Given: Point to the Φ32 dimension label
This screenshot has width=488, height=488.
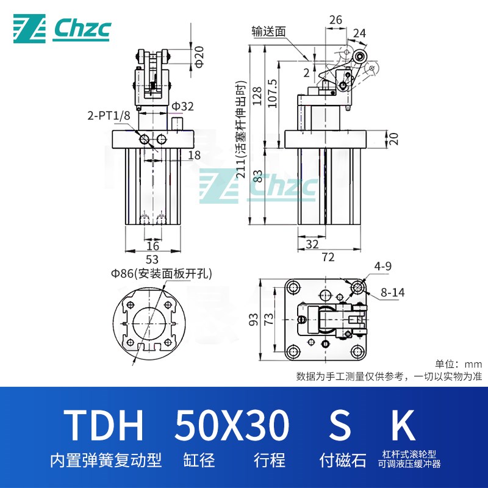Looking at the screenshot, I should (x=182, y=107).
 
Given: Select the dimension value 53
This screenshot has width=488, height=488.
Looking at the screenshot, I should (x=152, y=258).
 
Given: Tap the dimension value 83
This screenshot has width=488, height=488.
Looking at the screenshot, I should (x=258, y=178).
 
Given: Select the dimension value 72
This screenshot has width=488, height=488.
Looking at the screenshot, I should (x=328, y=258).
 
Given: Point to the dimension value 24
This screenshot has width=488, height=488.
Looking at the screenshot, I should (x=359, y=34).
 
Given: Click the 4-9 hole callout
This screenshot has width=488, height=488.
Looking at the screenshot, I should (x=382, y=266).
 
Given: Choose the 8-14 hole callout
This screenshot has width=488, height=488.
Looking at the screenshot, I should (x=392, y=293).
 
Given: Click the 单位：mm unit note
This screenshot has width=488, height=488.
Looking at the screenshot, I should (x=458, y=364).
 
